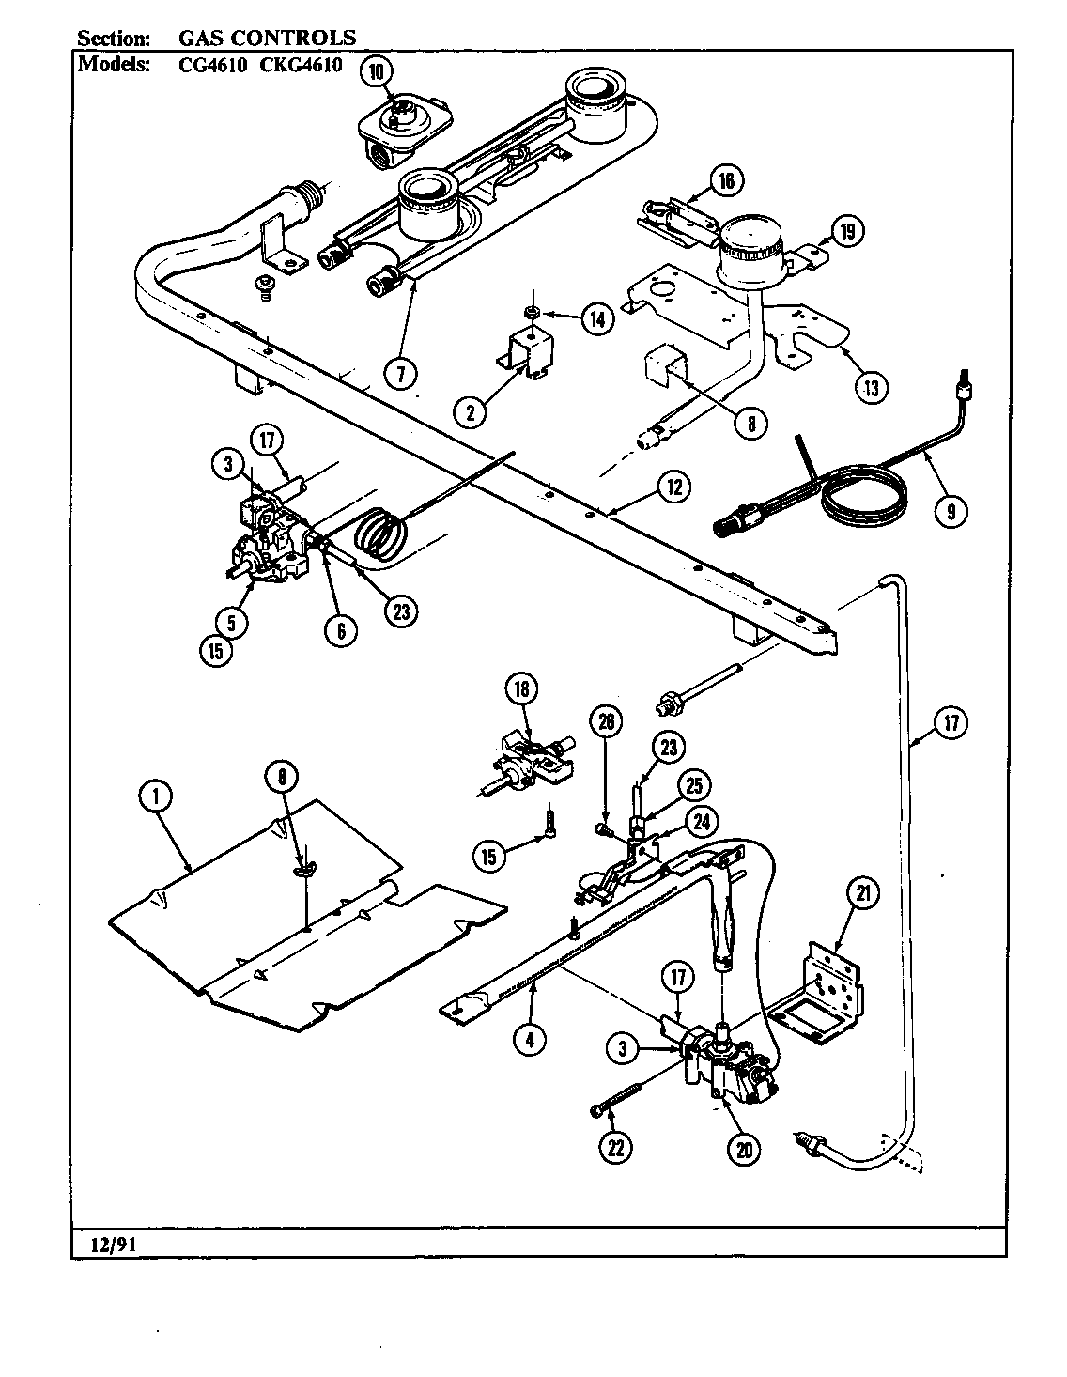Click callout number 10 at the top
375,70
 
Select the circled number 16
726,179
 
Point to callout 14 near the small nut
595,318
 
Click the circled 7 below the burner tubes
400,373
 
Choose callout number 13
872,386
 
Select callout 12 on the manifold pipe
673,487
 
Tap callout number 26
607,721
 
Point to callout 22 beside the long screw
618,1147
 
